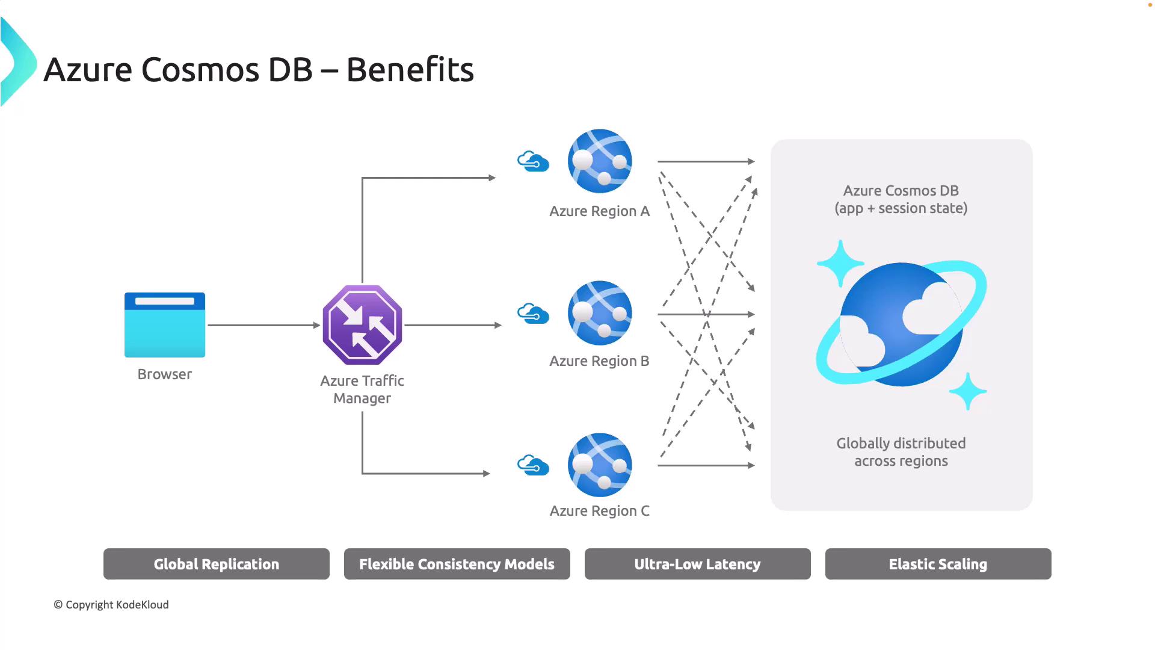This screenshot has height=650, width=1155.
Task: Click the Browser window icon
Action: (165, 325)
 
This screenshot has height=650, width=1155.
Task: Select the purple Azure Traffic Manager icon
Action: (362, 325)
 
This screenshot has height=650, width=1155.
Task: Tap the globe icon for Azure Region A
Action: (600, 161)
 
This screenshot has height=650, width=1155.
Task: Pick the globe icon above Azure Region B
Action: (600, 313)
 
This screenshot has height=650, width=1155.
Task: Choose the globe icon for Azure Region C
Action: (600, 465)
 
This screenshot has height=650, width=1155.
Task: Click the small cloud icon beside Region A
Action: (533, 161)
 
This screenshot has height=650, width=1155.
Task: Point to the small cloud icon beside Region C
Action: (533, 465)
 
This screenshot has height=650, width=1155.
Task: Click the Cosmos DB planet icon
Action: (901, 325)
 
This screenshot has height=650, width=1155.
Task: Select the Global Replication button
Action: (217, 564)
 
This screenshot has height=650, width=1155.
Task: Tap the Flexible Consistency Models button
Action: (457, 564)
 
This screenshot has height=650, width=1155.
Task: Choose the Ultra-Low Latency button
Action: (698, 564)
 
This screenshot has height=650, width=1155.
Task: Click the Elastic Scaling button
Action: (938, 564)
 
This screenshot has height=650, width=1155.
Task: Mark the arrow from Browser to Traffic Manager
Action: (263, 325)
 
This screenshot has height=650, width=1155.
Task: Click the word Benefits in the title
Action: (410, 70)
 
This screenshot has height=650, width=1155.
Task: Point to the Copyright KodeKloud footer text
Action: (111, 605)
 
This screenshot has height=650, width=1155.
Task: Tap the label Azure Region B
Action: (599, 361)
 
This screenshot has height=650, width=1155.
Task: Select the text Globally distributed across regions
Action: (901, 452)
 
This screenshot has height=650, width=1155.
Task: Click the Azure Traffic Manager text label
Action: (362, 389)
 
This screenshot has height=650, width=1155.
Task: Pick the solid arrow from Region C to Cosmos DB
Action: (706, 465)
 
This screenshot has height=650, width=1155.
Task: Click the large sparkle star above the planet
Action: (840, 263)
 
